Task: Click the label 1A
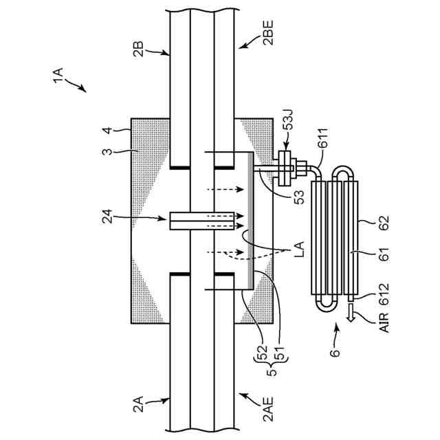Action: [58, 76]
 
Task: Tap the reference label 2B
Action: [138, 49]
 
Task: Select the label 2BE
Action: [268, 32]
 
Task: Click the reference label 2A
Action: [138, 404]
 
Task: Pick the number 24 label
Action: [107, 217]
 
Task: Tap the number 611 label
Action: [323, 138]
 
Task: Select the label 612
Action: [384, 294]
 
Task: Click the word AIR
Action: [384, 322]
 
